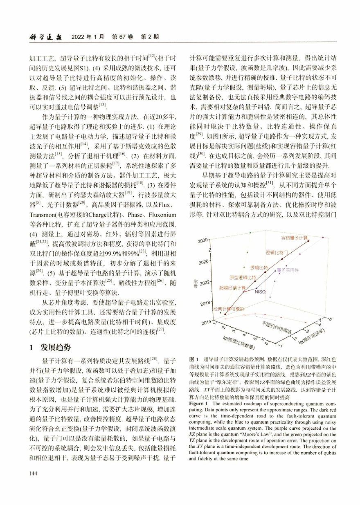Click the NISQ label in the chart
click(x=261, y=292)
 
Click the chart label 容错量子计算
click(x=295, y=238)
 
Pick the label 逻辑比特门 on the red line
click(x=280, y=253)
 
